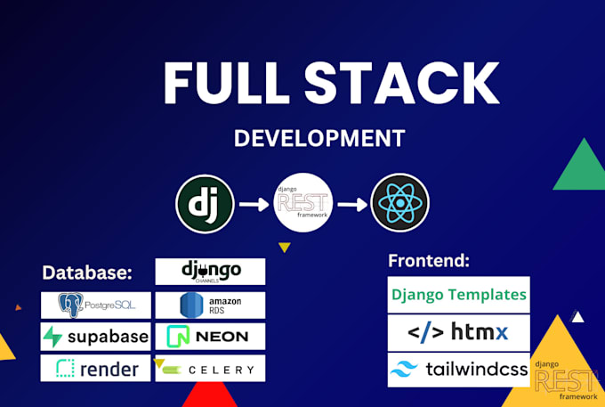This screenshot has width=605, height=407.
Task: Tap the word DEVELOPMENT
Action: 319,138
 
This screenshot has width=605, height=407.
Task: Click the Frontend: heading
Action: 429,261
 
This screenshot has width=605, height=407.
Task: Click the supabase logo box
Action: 96,336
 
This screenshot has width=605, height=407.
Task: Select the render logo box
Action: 96,367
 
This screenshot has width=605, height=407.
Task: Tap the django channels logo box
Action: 210,271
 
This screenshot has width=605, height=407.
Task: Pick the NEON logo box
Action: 210,336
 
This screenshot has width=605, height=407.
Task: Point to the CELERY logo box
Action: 210,368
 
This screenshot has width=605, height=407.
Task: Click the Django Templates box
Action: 459,294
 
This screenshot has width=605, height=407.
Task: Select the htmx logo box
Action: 459,332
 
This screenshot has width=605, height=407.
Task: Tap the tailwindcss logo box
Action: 459,369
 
